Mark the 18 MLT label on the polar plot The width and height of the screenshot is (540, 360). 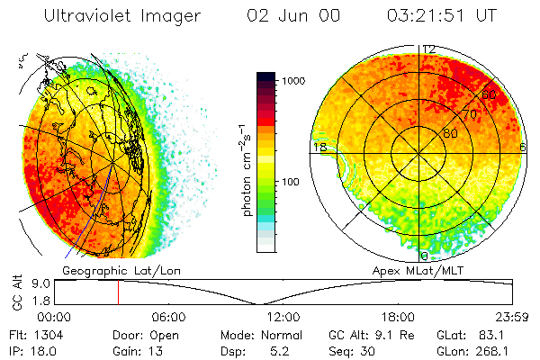point(319,147)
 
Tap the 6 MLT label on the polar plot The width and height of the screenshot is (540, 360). point(523,147)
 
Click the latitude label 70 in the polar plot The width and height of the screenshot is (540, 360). point(470,114)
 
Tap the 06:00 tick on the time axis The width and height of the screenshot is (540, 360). point(169,318)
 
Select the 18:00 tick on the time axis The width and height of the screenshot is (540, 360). point(398,318)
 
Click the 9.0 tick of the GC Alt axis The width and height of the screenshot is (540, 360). point(39,283)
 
